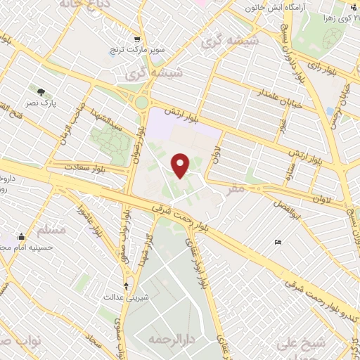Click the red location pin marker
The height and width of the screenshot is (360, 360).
coord(181,165)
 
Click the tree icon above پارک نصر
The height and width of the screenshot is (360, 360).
coord(41,91)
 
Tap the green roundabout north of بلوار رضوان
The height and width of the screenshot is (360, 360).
coord(143,103)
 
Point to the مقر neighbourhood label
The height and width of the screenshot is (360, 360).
coord(237,188)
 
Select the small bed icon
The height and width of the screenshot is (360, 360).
coord(278,243)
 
